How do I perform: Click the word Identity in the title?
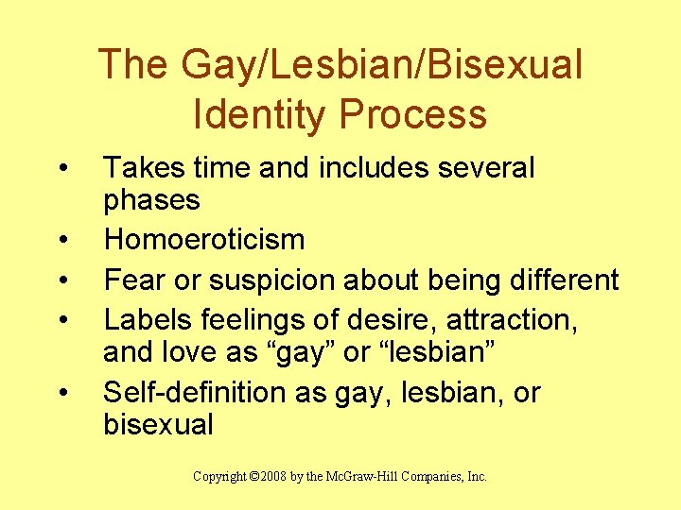tap(258, 114)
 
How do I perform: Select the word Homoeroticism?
tap(204, 239)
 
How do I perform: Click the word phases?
tap(151, 200)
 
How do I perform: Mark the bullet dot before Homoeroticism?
tap(61, 241)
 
